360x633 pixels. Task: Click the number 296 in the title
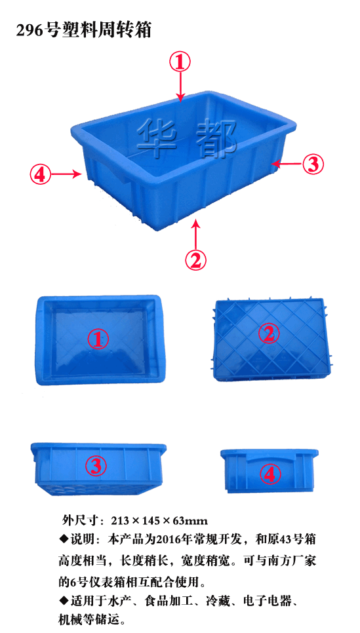pos(31,31)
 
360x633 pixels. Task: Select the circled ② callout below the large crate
pos(195,260)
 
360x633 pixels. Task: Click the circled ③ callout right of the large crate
pos(313,164)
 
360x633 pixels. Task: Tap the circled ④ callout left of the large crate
pos(40,174)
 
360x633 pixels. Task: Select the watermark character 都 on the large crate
pos(216,136)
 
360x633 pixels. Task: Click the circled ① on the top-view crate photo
pos(98,339)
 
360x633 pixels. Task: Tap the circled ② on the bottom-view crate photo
pos(268,334)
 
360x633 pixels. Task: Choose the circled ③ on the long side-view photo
pos(96,466)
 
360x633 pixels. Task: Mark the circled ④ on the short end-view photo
pos(270,473)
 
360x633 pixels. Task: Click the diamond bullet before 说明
pos(64,539)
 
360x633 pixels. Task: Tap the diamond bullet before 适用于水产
pos(64,601)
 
